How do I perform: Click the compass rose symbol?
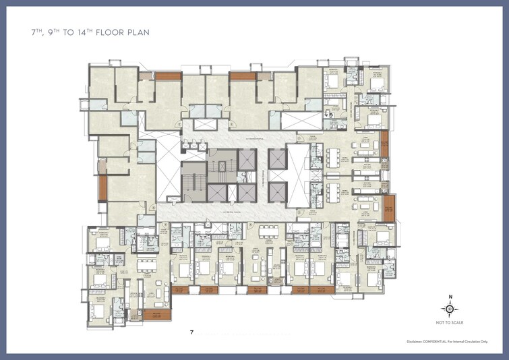pos(450,309)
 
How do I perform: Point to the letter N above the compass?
pos(450,297)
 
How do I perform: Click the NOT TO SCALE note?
pos(450,322)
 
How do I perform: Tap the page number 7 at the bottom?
pos(192,332)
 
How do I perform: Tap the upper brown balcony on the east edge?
pos(384,142)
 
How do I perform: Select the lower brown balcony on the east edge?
pos(390,209)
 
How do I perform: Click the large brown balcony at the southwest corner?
pos(156,315)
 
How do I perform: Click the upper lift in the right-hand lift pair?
pos(277,160)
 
